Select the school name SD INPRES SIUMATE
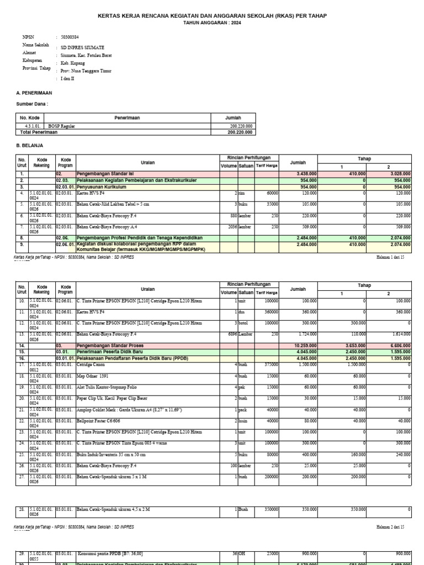(82, 48)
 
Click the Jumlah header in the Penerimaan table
(233, 118)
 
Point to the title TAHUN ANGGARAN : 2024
(212, 24)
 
